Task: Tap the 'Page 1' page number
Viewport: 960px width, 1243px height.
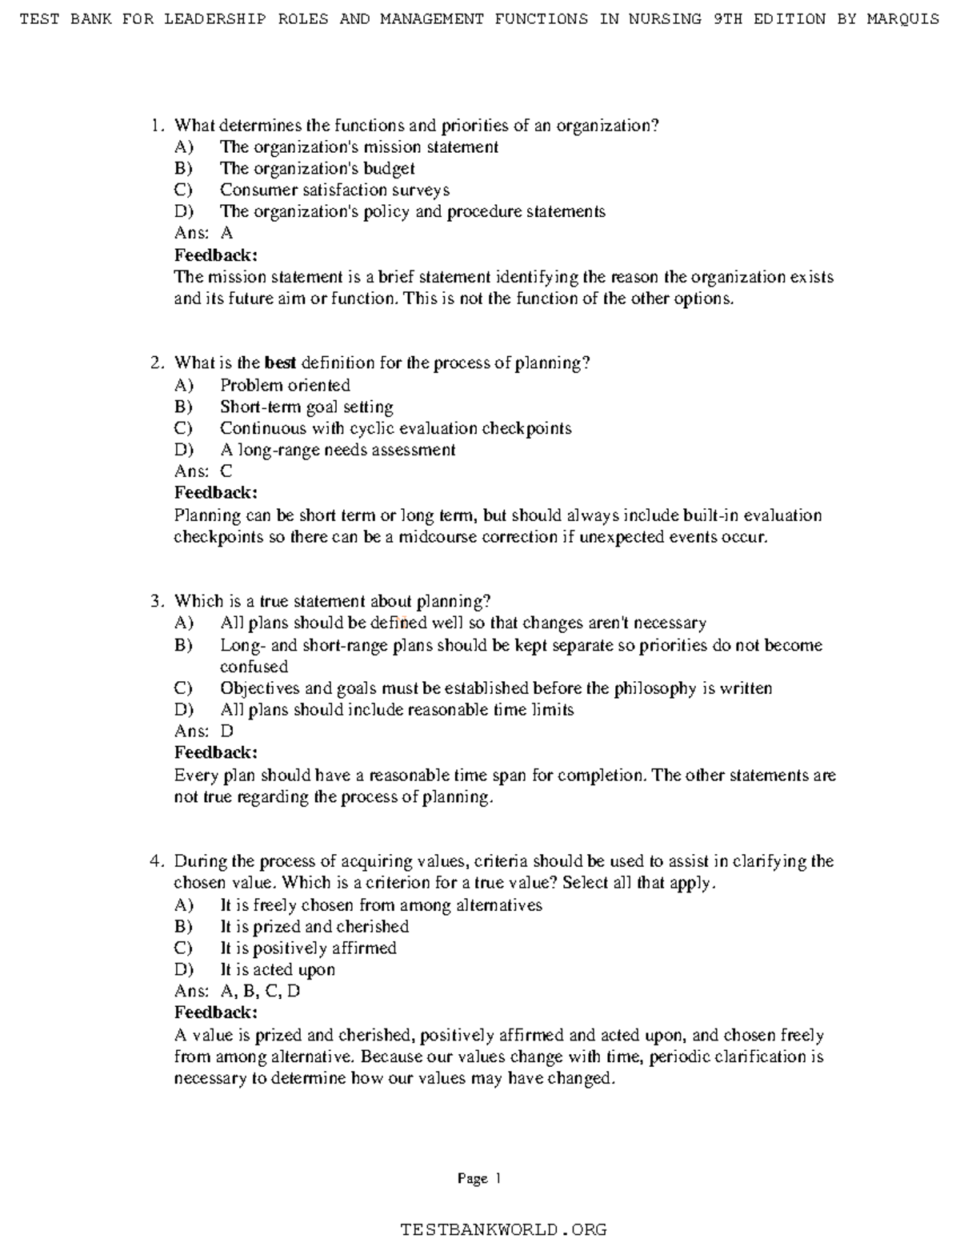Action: (478, 1178)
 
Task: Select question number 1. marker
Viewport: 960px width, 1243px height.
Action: (157, 126)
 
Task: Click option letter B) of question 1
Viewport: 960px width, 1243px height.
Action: (183, 169)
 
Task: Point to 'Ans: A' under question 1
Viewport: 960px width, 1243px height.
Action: (203, 234)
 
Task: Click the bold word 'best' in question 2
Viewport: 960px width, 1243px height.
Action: (280, 363)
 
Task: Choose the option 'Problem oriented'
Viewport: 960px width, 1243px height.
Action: (285, 385)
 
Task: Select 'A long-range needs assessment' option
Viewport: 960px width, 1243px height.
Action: (338, 450)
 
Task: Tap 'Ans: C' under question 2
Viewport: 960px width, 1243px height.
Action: (203, 471)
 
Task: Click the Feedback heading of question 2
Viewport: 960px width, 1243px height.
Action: (216, 493)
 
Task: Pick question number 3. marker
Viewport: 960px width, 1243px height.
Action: (157, 601)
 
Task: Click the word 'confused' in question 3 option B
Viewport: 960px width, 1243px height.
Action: (254, 667)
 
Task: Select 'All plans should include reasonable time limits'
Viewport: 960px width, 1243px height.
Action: (397, 710)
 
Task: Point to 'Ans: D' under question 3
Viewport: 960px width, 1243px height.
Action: (203, 732)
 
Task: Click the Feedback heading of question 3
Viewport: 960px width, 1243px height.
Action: (216, 753)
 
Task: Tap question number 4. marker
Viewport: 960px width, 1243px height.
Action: (157, 862)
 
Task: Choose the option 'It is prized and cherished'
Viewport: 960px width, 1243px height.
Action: (314, 927)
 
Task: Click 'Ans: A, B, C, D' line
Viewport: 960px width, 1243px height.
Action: (237, 992)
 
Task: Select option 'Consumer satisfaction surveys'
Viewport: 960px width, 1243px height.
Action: (334, 190)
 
